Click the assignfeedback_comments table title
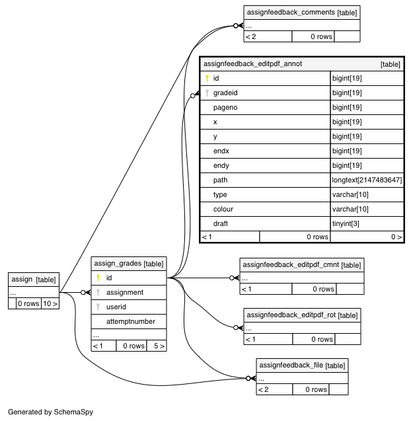coord(291,13)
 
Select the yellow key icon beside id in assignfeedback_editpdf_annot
coord(207,78)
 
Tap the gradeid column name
coord(225,93)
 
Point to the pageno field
coord(225,107)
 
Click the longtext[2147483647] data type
coord(367,180)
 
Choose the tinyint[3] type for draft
coord(346,223)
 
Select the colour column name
coord(223,209)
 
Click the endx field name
coord(221,151)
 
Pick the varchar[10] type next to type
coord(350,194)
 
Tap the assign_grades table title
coord(118,264)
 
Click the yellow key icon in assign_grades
coord(98,278)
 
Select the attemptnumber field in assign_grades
coord(131,321)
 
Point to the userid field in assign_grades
coord(116,307)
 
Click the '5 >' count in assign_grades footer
coord(159,346)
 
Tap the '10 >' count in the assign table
coord(50,303)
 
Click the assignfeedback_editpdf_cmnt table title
coord(291,265)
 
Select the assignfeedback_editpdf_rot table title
coord(291,315)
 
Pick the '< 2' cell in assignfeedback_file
coord(263,389)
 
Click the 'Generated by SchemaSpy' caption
coord(50,412)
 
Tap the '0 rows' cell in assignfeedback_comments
coord(321,36)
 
